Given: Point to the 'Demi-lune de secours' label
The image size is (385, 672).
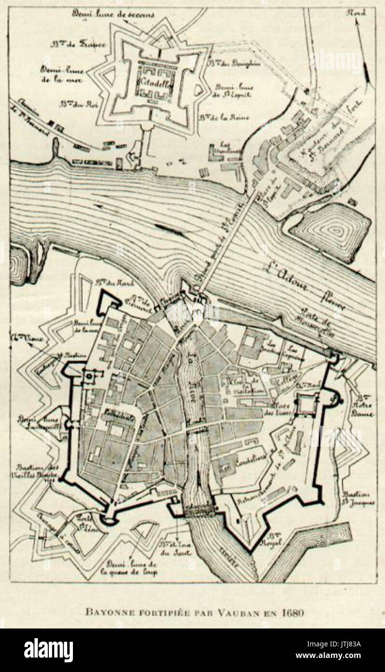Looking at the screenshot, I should [114, 15].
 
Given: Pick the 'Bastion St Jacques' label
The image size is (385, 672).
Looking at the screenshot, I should [356, 498].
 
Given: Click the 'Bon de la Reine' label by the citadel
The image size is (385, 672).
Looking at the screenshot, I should [214, 118].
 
